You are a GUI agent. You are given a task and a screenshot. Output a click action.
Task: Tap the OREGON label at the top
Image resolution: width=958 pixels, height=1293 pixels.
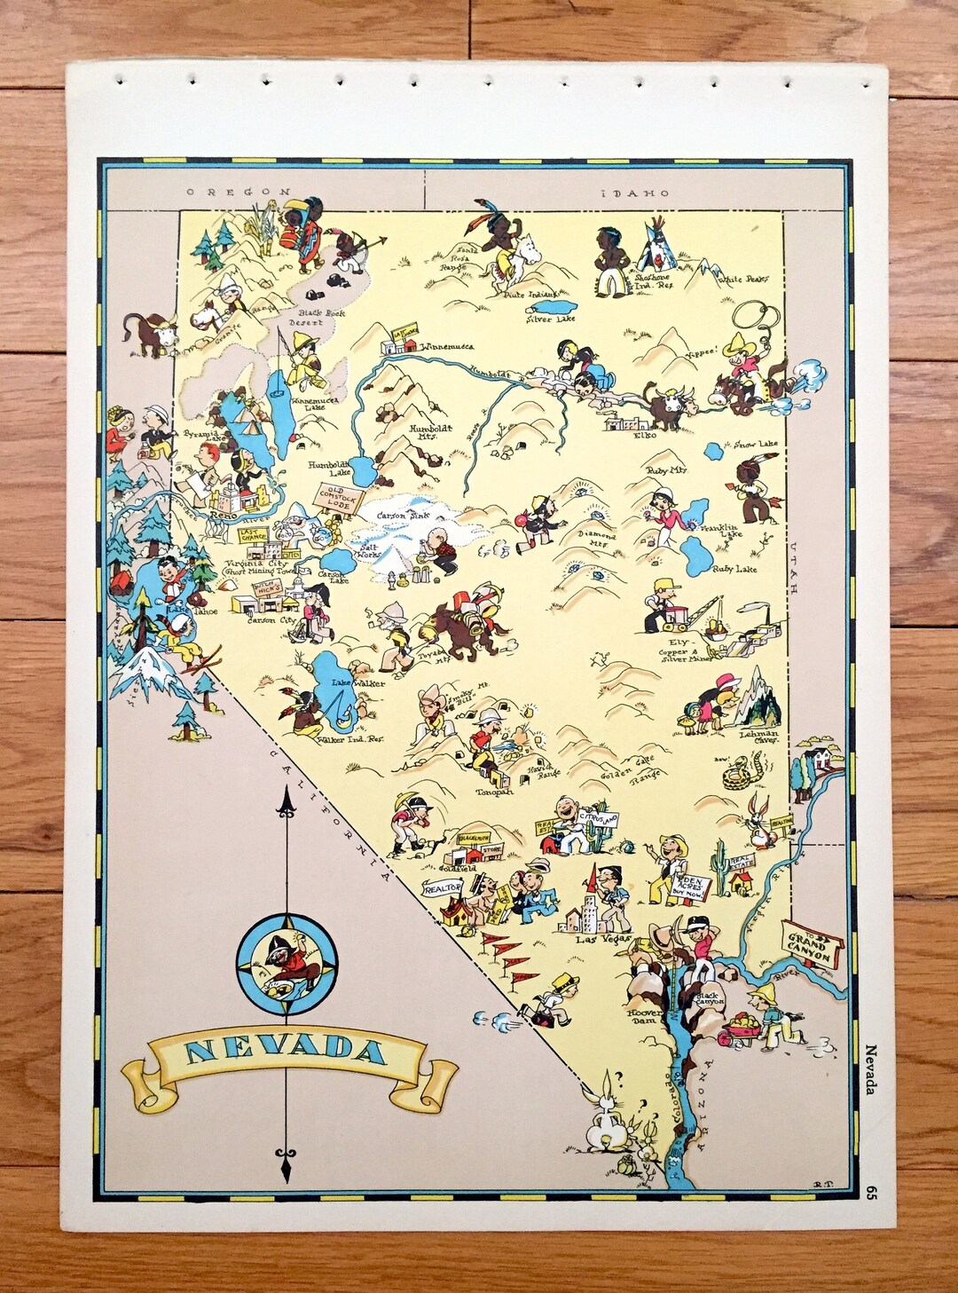pos(238,191)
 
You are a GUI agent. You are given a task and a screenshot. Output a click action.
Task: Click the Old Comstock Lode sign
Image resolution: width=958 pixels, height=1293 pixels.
pos(342,496)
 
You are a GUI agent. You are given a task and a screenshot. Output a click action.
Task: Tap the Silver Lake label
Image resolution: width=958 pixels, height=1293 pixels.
pos(550,318)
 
